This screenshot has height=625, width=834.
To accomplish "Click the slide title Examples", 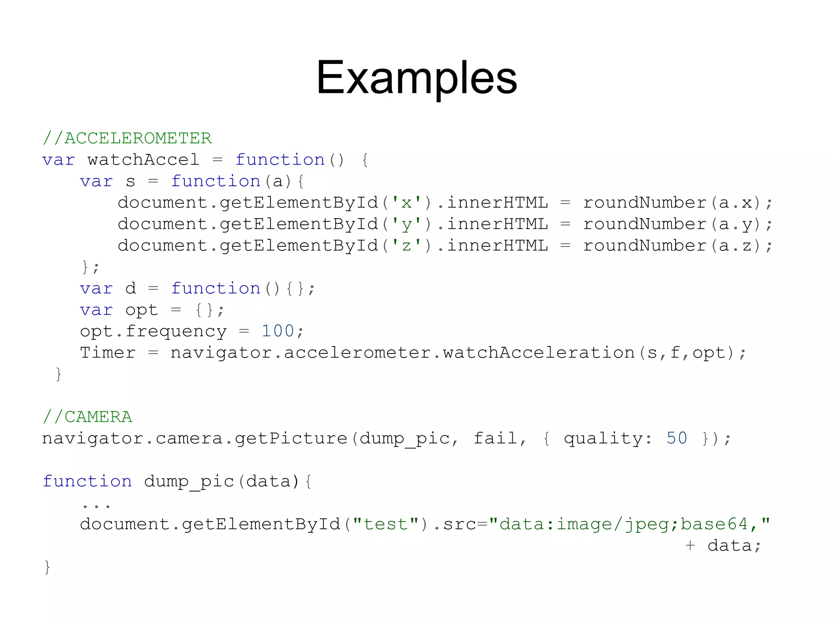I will click(417, 77).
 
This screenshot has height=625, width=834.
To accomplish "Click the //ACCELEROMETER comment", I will click(127, 138).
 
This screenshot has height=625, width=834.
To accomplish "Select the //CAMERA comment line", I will click(88, 417).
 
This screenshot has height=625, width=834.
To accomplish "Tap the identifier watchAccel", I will click(143, 160).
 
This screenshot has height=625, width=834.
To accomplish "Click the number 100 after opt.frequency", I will click(278, 331).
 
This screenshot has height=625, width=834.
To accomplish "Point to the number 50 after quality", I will click(676, 438).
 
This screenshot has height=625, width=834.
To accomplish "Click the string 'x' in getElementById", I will click(406, 203).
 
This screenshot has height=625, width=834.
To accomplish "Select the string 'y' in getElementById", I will click(406, 224).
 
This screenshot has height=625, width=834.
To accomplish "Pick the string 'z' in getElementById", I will click(406, 246).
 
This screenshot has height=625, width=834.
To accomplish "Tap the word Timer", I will click(108, 353).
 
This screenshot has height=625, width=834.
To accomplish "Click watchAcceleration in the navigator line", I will click(539, 353).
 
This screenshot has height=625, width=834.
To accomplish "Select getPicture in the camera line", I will click(291, 438).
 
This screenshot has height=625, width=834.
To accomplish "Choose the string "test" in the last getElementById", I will click(386, 524).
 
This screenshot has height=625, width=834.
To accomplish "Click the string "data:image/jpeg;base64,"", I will click(629, 524).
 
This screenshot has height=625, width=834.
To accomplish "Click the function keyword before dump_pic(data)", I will click(88, 481).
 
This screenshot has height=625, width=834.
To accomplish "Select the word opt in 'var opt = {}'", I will click(141, 310).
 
